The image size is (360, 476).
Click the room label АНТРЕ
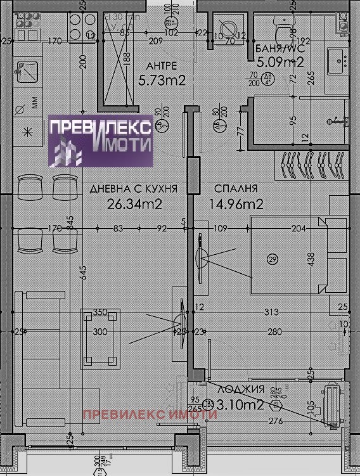(161, 66)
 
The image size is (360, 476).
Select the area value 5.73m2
(161, 80)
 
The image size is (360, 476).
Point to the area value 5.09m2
(280, 62)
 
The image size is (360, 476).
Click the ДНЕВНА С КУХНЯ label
(133, 189)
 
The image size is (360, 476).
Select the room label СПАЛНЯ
(236, 189)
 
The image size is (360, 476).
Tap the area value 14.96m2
(236, 204)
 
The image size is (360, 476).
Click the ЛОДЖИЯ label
(240, 390)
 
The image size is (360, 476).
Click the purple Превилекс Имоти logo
(101, 141)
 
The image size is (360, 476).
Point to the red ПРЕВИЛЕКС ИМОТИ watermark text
(150, 415)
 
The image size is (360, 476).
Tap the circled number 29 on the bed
(273, 259)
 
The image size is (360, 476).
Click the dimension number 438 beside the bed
(311, 259)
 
